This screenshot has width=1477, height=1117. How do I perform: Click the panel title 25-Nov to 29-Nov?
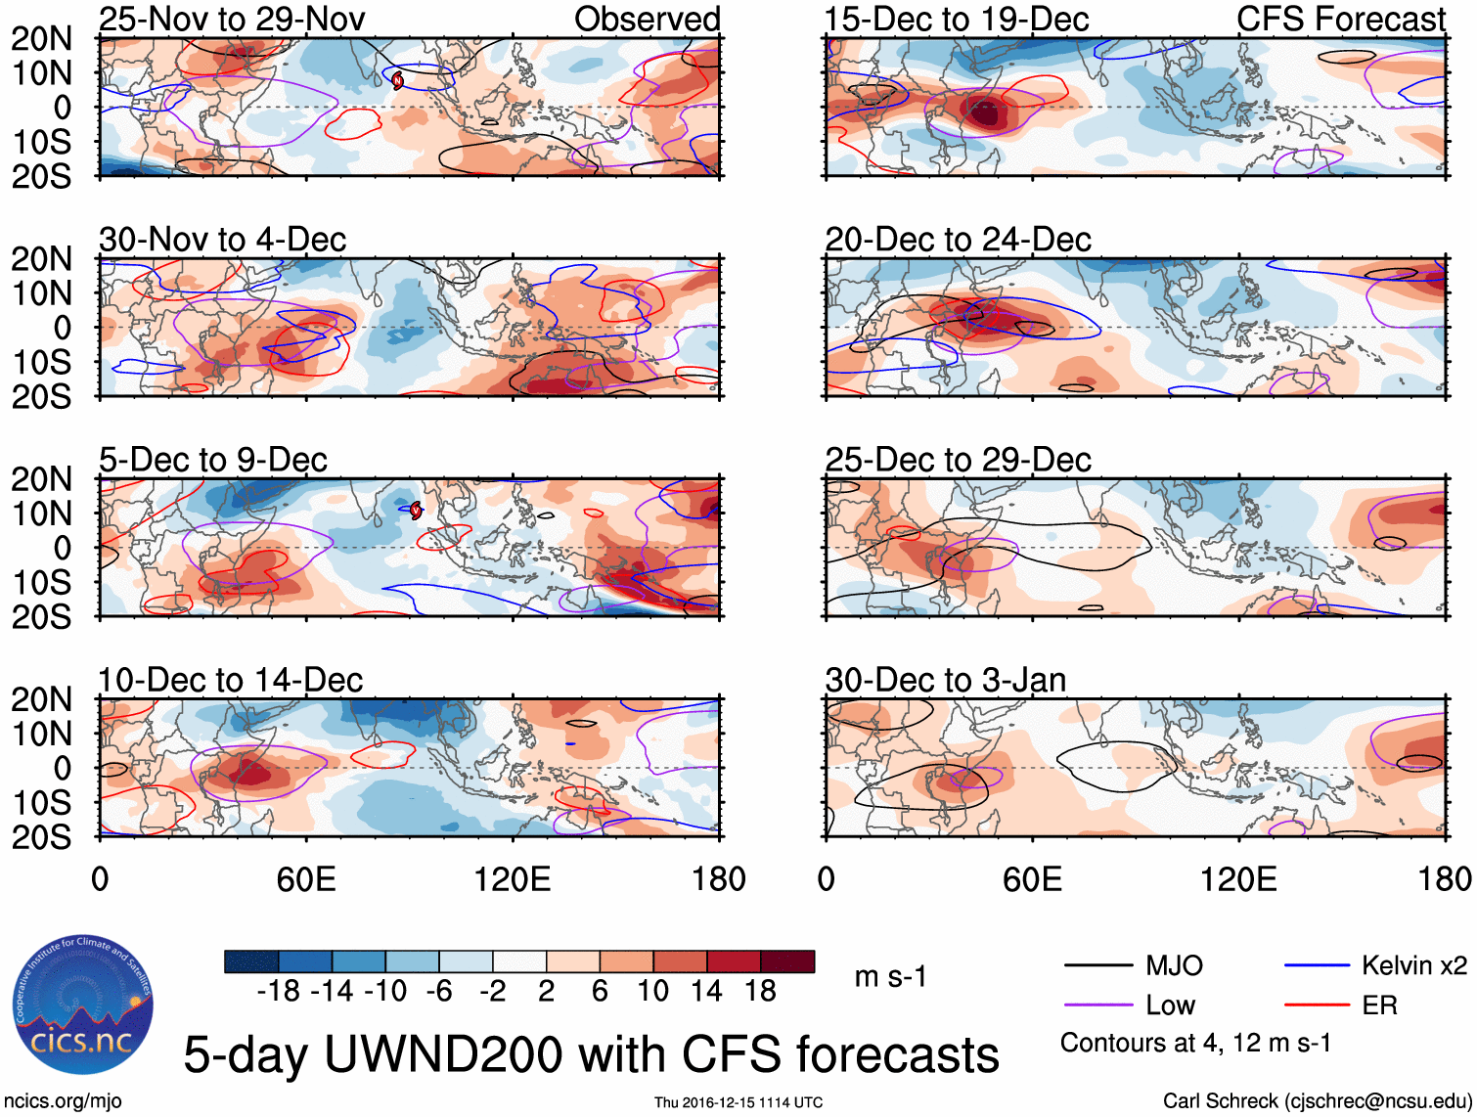232,19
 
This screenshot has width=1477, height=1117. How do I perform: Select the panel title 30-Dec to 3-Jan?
945,680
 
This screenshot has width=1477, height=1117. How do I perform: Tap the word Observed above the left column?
647,19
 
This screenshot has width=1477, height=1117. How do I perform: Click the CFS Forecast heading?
1340,19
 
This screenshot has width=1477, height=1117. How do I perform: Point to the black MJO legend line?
1097,966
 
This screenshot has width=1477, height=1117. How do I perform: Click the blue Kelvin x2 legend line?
1317,966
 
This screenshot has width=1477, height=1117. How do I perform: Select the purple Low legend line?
1097,1005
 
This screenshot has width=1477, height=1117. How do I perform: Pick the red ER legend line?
1317,1005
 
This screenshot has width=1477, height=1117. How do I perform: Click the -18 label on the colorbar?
278,992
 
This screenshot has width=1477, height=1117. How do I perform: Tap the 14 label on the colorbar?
707,992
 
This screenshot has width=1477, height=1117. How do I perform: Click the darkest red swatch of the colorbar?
787,961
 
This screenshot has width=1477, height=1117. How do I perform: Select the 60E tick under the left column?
306,879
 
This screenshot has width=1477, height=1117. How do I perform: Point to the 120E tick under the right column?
1238,879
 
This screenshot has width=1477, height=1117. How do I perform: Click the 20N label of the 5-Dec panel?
41,479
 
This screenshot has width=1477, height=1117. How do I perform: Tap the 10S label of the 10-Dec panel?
41,803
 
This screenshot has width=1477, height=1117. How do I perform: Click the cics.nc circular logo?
83,1006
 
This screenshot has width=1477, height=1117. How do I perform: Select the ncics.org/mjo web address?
62,1101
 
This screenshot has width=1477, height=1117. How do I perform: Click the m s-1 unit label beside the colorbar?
890,977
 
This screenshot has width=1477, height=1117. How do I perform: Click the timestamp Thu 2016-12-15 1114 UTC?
738,1102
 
